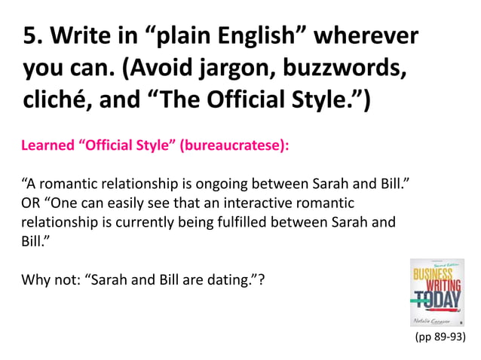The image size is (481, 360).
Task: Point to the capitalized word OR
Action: click(32, 203)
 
